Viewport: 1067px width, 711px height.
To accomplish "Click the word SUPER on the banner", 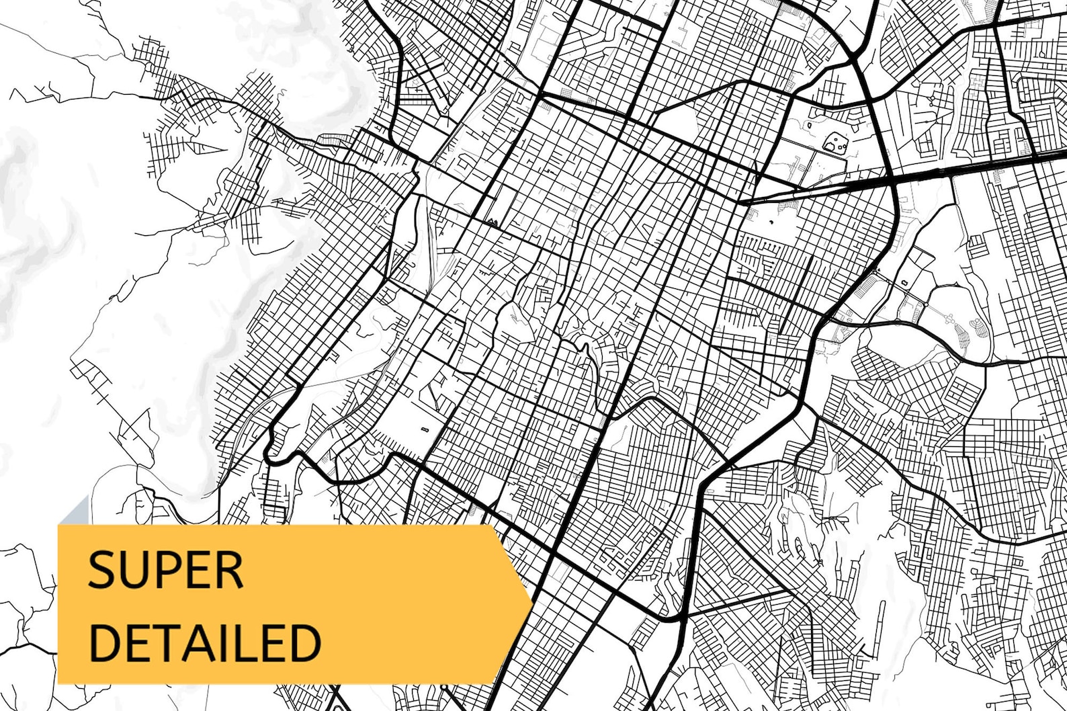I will pos(165,571).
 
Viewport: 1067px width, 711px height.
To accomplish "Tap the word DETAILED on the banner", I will pos(204,642).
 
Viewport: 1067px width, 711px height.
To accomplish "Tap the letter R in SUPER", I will pos(228,571).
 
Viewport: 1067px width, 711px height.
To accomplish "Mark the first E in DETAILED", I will pos(136,642).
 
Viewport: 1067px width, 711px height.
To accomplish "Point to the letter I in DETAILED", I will pos(220,642).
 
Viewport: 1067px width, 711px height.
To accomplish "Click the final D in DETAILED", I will pos(303,642).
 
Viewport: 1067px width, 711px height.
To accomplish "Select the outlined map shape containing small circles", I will pos(835,142).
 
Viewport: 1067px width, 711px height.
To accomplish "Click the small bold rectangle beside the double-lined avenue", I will pos(424,428).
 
